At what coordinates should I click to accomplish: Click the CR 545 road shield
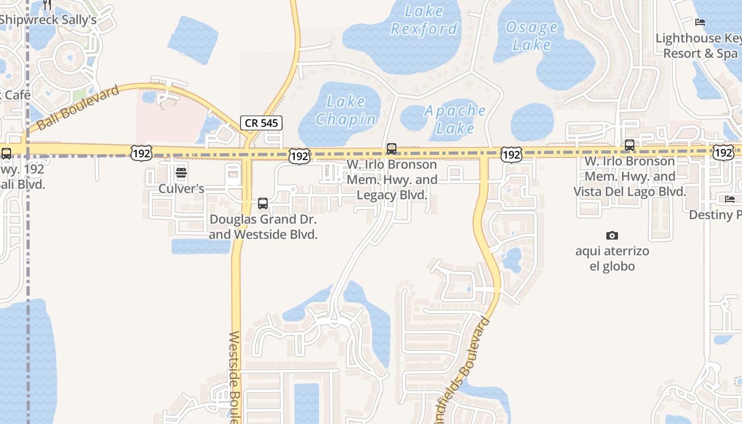coord(261,123)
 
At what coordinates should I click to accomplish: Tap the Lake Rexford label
coord(423,20)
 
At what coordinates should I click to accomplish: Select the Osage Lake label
coord(531,36)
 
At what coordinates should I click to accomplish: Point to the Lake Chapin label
coord(346,110)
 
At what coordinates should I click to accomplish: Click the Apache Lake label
coord(455,119)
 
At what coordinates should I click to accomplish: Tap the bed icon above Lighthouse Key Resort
coord(700,22)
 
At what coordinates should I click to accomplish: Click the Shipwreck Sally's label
coord(48,20)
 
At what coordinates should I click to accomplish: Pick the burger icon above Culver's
coord(181,172)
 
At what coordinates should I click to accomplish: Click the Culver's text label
coord(181,189)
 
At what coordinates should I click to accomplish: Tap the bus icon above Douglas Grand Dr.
coord(263,203)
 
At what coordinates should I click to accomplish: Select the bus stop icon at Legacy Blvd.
coord(392,149)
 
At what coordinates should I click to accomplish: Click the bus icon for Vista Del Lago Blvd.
coord(630,145)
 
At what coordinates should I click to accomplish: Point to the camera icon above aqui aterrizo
coord(612,235)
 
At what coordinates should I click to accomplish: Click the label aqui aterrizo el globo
coord(612,258)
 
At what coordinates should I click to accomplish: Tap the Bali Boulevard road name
coord(78,108)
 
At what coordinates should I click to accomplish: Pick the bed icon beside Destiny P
coord(730,199)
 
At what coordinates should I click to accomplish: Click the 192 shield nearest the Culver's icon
coord(142,154)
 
